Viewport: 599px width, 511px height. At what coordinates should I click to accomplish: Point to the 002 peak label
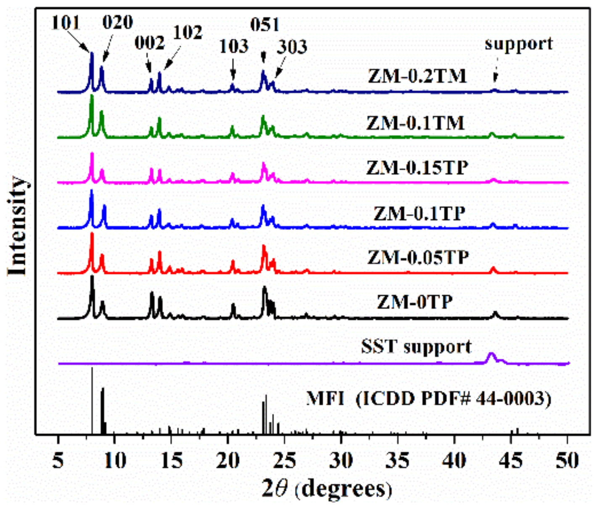[x=149, y=42]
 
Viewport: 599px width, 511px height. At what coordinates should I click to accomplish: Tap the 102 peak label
[x=187, y=32]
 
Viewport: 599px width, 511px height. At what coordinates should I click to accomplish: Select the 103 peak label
[x=234, y=46]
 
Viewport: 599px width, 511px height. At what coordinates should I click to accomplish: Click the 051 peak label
[x=265, y=25]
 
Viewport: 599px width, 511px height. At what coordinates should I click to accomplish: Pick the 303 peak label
[x=292, y=47]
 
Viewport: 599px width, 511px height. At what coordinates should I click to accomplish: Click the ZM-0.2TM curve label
[x=417, y=76]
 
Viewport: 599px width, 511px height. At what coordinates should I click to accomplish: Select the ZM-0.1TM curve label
[x=415, y=123]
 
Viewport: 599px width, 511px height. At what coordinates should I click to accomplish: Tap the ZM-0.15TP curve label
[x=417, y=168]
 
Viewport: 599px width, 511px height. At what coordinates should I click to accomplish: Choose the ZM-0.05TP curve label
[x=418, y=257]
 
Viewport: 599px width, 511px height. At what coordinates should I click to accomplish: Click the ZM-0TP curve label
[x=414, y=302]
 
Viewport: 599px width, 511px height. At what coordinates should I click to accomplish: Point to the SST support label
[x=416, y=347]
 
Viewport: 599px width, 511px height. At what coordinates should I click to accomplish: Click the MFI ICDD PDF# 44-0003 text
[x=429, y=398]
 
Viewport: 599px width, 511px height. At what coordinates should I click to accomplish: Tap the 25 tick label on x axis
[x=284, y=460]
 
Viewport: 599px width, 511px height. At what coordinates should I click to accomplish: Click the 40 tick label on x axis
[x=454, y=460]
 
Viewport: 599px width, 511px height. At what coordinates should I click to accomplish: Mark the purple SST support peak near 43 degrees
[x=491, y=356]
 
